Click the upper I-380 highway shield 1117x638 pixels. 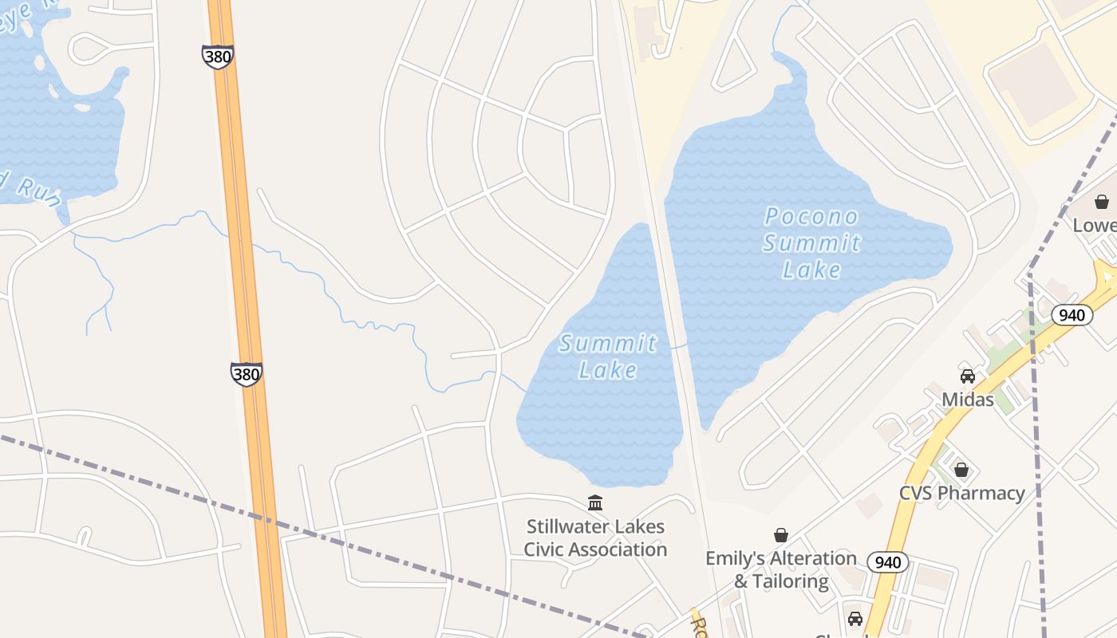coord(217,57)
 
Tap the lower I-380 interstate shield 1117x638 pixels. coord(246,374)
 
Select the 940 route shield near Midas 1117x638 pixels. coord(1072,315)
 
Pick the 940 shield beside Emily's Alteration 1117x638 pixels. coord(887,562)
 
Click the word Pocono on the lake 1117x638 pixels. coord(811,216)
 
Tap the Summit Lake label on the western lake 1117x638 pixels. coord(608,356)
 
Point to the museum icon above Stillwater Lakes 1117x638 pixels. coord(595,503)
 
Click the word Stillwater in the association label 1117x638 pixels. coord(568,527)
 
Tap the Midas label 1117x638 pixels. coord(968,399)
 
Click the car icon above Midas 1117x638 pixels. coord(968,376)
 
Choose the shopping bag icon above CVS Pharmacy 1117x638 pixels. coord(961,470)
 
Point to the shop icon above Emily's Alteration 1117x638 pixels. coord(781,535)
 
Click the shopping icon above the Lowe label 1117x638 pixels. coord(1102,202)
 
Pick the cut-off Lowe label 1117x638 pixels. coord(1095,225)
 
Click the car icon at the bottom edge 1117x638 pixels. coord(855,619)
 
